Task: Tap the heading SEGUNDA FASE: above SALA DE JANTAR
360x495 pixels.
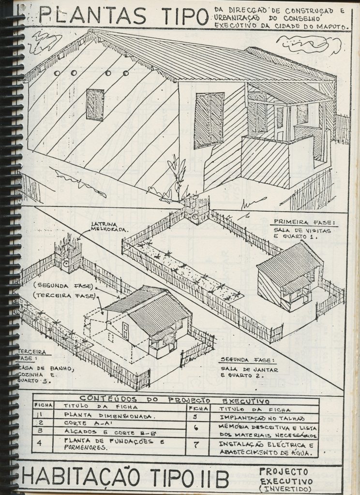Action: [246, 360]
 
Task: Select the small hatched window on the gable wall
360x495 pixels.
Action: [95, 105]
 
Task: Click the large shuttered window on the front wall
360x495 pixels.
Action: [209, 120]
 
